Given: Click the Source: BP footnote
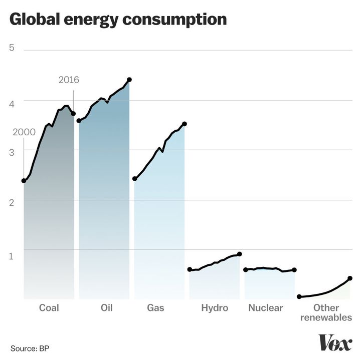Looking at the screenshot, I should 30,348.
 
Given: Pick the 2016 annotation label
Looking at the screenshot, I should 69,80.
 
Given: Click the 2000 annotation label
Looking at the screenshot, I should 23,132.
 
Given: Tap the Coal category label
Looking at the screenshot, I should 49,308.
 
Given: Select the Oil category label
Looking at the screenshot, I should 106,308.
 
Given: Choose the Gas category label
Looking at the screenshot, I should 155,308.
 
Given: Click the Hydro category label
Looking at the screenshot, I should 215,308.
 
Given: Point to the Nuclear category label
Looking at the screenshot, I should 266,308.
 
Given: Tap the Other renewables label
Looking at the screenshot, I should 326,312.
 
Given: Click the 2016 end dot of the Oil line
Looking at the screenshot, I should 129,80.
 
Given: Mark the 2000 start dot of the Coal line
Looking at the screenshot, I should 24,181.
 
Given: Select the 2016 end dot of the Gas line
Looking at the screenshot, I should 185,124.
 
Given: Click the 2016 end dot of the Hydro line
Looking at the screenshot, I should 240,254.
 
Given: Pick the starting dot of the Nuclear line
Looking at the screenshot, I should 245,270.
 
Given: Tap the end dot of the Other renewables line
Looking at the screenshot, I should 350,278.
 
